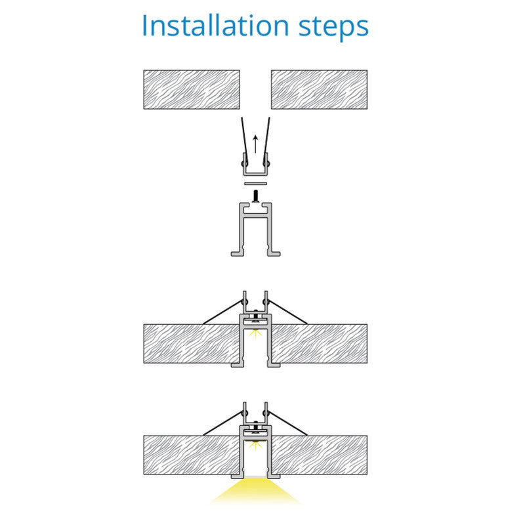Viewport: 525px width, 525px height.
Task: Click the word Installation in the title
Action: (x=216, y=26)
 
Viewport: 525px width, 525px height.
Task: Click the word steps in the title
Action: (x=333, y=28)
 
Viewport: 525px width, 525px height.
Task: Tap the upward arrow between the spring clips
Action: (x=255, y=144)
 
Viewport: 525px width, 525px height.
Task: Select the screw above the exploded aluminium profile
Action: (x=256, y=196)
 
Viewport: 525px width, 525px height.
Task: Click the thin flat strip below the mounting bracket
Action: (x=255, y=184)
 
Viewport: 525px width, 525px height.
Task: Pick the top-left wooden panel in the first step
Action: (x=192, y=89)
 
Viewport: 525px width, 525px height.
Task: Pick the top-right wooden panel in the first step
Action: (x=319, y=89)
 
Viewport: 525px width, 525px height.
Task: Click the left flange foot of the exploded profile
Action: (x=237, y=253)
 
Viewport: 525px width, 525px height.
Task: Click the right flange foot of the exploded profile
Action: (x=274, y=253)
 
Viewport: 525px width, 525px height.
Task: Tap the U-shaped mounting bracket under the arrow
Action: (x=255, y=174)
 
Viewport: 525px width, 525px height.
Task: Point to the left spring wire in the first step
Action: (x=244, y=140)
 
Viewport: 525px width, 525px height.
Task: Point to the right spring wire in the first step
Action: (x=266, y=140)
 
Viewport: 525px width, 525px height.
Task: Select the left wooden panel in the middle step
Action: (x=192, y=343)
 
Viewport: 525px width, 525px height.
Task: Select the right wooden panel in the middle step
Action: (x=319, y=343)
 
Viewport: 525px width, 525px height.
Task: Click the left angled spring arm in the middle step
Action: (x=222, y=312)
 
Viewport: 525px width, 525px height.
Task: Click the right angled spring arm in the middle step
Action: (x=288, y=312)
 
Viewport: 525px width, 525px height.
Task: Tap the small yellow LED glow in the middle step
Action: (x=255, y=334)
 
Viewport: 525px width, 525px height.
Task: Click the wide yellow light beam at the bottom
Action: (x=255, y=490)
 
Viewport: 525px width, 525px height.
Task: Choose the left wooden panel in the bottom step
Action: (x=192, y=455)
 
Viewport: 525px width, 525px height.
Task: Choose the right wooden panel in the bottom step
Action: (x=319, y=455)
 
